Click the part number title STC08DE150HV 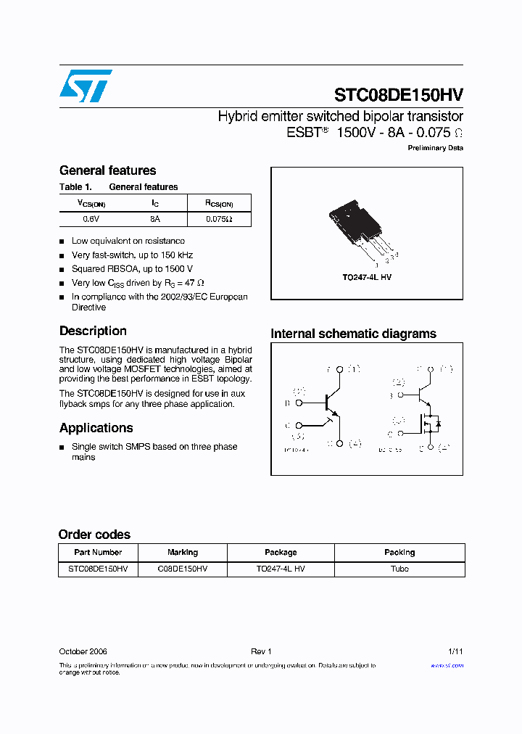point(398,95)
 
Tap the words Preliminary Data point(435,148)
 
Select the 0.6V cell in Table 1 point(91,218)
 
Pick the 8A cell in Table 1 point(155,218)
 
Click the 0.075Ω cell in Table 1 point(218,218)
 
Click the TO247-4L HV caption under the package point(367,278)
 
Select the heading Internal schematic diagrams point(353,334)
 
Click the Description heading point(93,331)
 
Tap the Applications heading point(96,428)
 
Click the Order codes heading point(94,535)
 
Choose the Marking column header point(183,553)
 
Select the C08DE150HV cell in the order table point(183,569)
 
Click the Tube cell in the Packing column point(399,569)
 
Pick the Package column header point(281,553)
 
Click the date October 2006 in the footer point(83,651)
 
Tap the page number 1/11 point(455,651)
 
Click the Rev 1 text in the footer point(260,651)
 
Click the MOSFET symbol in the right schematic point(430,422)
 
